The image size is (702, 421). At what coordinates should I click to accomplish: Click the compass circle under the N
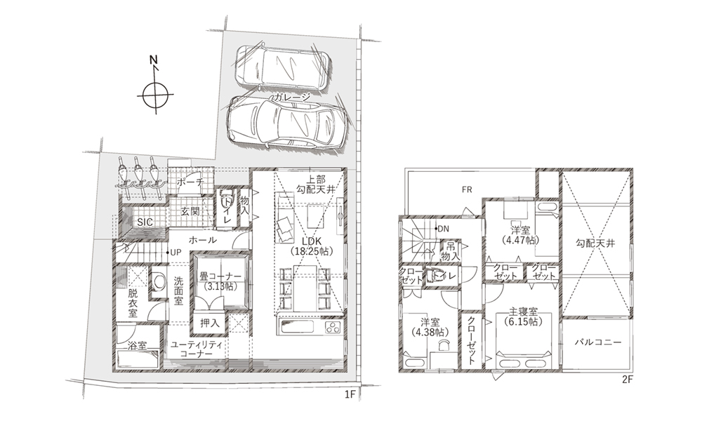click(x=155, y=86)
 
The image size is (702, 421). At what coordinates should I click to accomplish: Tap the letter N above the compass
click(x=154, y=60)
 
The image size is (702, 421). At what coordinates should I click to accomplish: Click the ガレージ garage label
click(x=291, y=97)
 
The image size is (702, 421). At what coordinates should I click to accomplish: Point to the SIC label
click(x=145, y=222)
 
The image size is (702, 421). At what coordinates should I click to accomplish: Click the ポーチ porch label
click(x=190, y=182)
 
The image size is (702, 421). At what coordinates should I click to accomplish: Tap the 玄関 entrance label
click(x=190, y=211)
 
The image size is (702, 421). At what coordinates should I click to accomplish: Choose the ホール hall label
click(x=203, y=240)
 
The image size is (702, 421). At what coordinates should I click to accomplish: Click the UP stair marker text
click(x=175, y=253)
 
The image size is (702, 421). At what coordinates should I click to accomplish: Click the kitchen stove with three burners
click(x=333, y=327)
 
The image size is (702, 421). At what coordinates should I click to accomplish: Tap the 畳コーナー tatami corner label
click(x=220, y=277)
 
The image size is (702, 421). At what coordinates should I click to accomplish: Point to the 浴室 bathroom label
click(x=137, y=345)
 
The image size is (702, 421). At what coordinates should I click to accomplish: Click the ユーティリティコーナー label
click(x=197, y=349)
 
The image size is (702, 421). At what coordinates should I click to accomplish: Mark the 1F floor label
click(x=350, y=394)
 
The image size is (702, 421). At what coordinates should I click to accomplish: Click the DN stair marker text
click(x=443, y=229)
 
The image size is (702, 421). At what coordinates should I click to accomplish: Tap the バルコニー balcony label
click(x=597, y=342)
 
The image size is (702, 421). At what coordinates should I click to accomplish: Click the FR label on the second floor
click(x=467, y=189)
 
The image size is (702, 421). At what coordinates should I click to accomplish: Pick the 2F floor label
click(x=628, y=380)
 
